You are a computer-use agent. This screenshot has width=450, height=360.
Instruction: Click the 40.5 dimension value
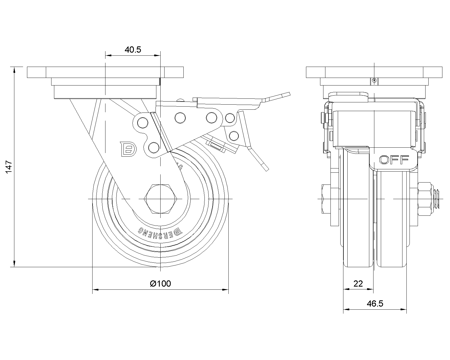click(x=133, y=50)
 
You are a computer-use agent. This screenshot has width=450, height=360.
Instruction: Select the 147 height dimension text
click(x=9, y=167)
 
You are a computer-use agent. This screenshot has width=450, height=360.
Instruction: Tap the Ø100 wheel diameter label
click(x=160, y=283)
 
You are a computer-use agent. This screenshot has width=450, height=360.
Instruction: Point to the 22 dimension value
click(x=358, y=283)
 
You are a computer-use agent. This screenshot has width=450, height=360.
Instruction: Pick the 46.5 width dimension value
click(x=375, y=304)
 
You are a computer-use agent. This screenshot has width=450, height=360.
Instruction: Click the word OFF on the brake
click(x=394, y=160)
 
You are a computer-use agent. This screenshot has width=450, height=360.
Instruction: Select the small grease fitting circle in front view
click(x=374, y=81)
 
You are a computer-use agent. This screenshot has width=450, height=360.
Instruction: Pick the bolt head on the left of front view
click(x=325, y=199)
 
